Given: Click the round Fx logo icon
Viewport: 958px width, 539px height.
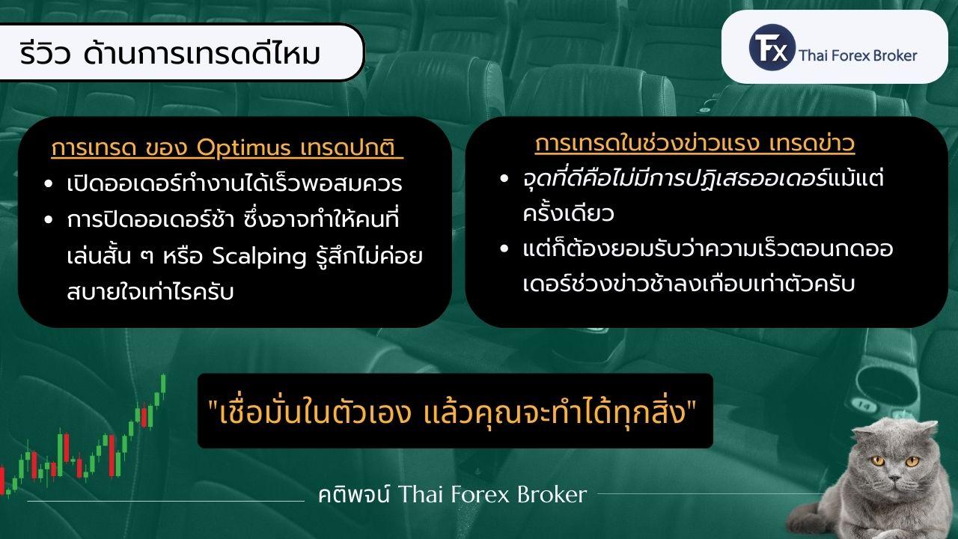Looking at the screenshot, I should point(771,46).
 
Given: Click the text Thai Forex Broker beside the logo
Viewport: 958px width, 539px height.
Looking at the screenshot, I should point(858,55).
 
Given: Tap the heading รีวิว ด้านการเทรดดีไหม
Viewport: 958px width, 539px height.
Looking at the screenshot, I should point(171,54).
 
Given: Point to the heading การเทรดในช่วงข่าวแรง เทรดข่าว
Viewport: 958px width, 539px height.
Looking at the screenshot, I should point(695,143).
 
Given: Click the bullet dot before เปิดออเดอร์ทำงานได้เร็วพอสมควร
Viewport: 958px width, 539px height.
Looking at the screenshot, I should point(49,184).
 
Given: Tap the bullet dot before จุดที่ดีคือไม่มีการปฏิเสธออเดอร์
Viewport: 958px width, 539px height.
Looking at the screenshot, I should point(505,180).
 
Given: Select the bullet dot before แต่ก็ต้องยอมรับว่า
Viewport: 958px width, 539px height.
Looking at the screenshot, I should point(505,249).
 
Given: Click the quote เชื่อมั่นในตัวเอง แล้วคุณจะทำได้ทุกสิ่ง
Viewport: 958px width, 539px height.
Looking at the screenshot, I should point(454,411).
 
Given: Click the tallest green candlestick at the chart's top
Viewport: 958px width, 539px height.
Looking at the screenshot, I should point(163,383).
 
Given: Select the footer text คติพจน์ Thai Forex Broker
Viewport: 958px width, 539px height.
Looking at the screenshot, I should point(451,494).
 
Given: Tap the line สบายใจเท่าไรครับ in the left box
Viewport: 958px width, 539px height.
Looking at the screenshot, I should point(150,292).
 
